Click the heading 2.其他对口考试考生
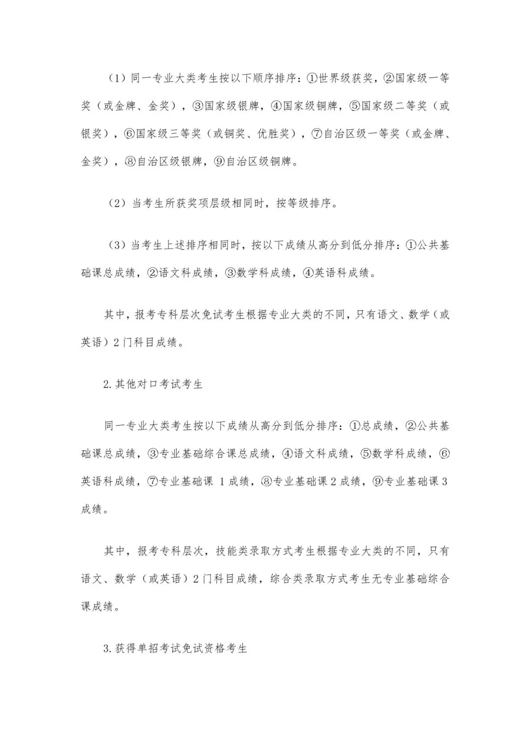tap(153, 384)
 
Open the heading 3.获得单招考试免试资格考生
tap(175, 648)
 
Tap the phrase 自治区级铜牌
tap(259, 161)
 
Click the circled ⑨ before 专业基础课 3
tap(378, 481)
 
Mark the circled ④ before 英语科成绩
tap(308, 273)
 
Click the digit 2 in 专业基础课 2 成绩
tap(333, 481)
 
